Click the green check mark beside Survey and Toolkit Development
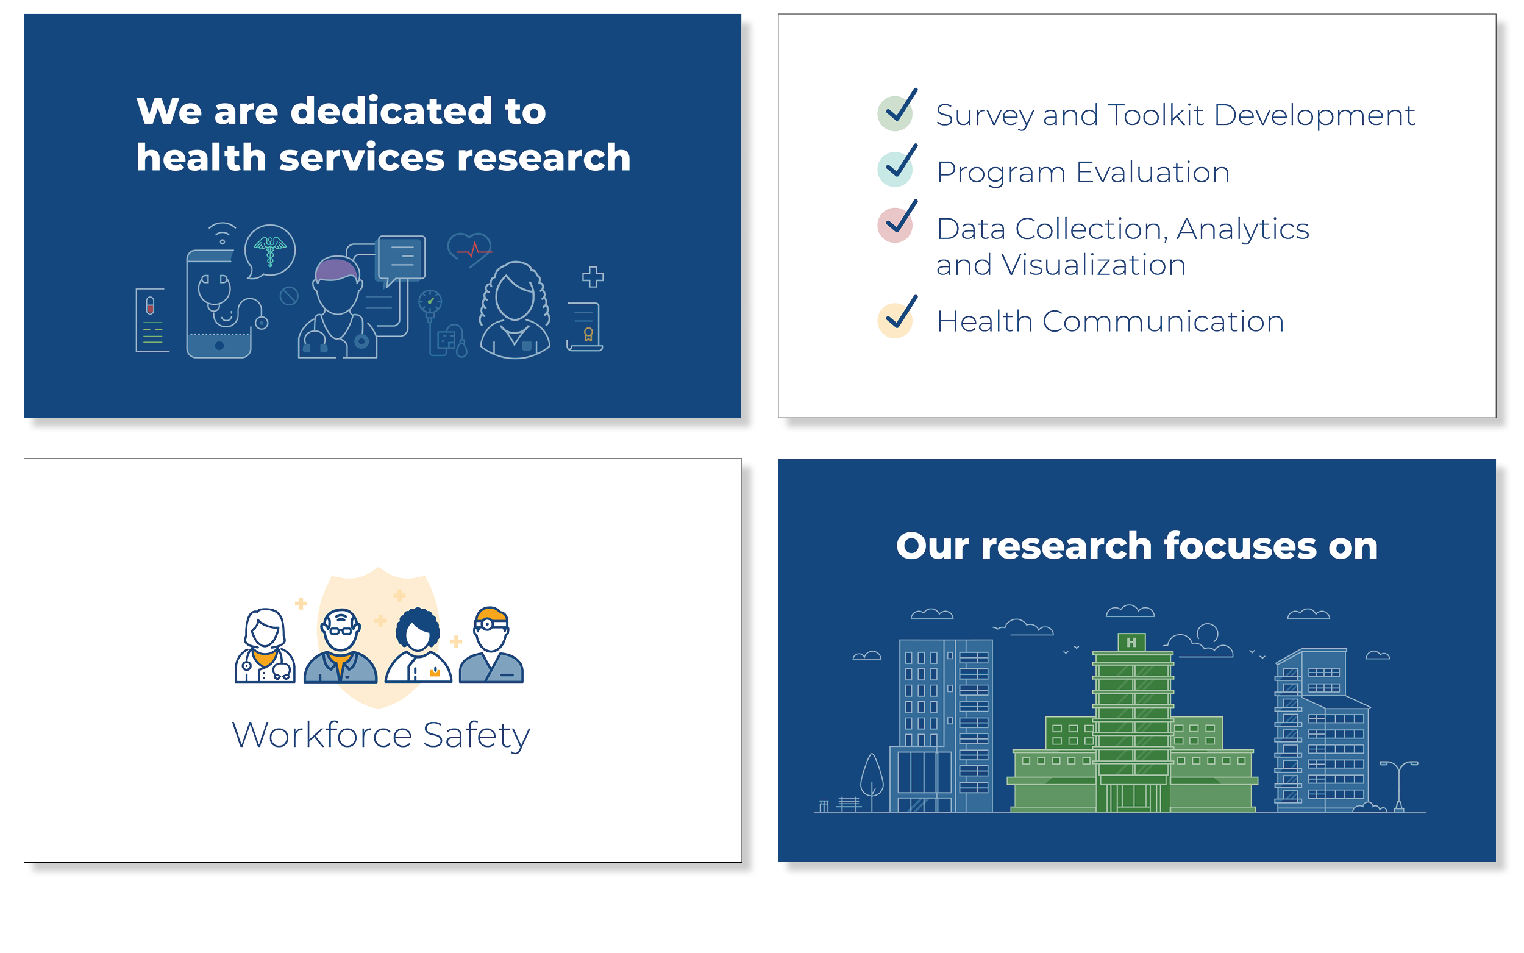click(x=897, y=111)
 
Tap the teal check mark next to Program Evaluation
click(x=897, y=166)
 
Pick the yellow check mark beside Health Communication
click(x=897, y=318)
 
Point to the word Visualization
click(x=1093, y=265)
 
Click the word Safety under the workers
click(x=476, y=735)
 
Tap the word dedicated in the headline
click(x=391, y=112)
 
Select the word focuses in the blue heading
click(x=1240, y=546)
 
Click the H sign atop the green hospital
click(x=1131, y=643)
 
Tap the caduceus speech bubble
click(x=269, y=250)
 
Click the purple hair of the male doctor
click(x=337, y=268)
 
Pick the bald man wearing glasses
click(x=341, y=646)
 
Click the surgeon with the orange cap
click(x=491, y=644)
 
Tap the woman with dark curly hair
click(x=418, y=644)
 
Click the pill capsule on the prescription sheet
click(x=150, y=305)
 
